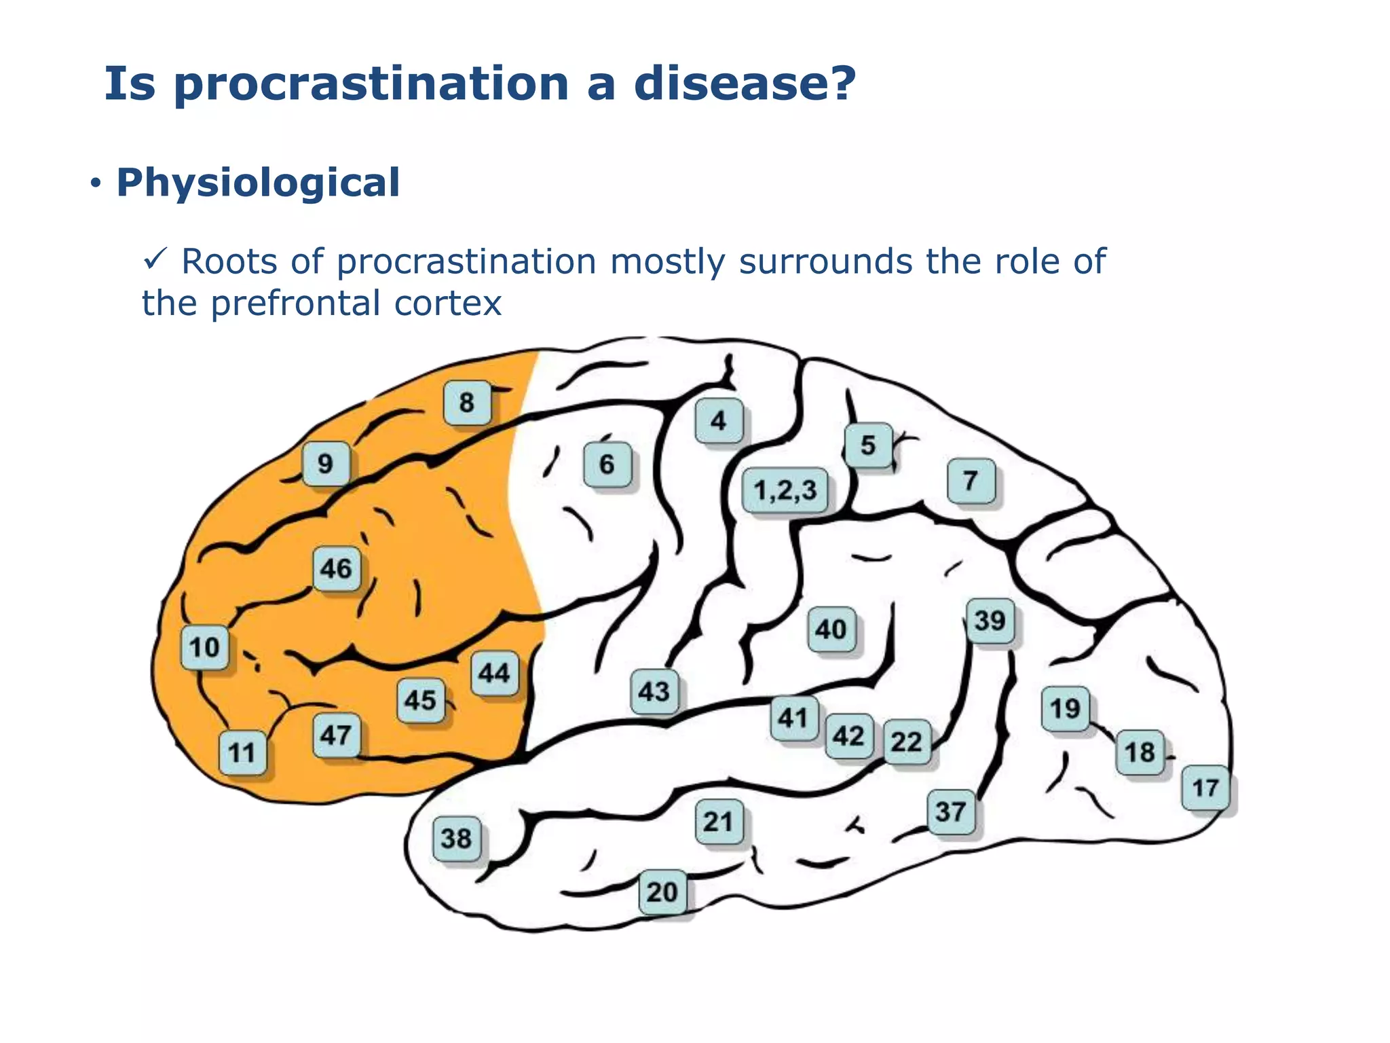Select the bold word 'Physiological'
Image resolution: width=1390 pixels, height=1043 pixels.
[258, 183]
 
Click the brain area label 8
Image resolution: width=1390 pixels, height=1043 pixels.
[467, 403]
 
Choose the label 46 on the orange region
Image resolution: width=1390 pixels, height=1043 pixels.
[337, 568]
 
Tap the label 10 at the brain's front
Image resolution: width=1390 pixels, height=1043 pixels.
[204, 647]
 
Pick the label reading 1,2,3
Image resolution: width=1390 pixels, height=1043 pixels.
[785, 490]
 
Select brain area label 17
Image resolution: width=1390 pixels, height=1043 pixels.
[1205, 788]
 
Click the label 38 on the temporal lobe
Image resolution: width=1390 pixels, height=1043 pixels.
[456, 838]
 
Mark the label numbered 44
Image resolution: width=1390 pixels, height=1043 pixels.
[494, 673]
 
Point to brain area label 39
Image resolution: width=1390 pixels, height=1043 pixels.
[990, 621]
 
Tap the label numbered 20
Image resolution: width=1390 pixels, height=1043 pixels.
[662, 892]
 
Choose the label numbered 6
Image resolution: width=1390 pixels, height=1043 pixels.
[607, 464]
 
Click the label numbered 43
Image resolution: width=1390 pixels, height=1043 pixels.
[654, 691]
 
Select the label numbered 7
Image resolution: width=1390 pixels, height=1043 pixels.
[971, 481]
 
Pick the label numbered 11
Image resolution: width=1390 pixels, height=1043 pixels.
[242, 752]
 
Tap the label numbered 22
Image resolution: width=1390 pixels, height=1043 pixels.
[907, 742]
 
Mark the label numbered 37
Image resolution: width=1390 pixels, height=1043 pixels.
[951, 811]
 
